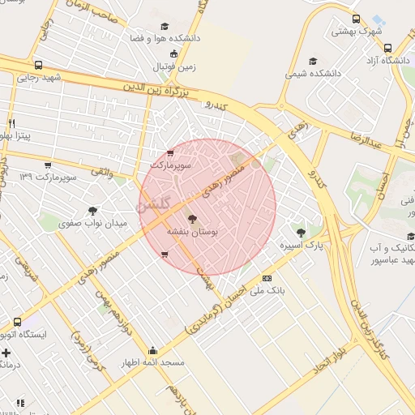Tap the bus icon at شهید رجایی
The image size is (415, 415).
coord(39,65)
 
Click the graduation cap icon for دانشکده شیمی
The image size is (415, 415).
coord(313,61)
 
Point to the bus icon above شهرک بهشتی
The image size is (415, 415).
coord(356,19)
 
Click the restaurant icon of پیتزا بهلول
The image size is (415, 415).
coord(11,122)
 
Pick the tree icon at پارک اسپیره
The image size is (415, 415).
coord(302,233)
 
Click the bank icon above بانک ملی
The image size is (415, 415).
coord(267,278)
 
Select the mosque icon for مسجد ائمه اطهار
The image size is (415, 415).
coord(153,350)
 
